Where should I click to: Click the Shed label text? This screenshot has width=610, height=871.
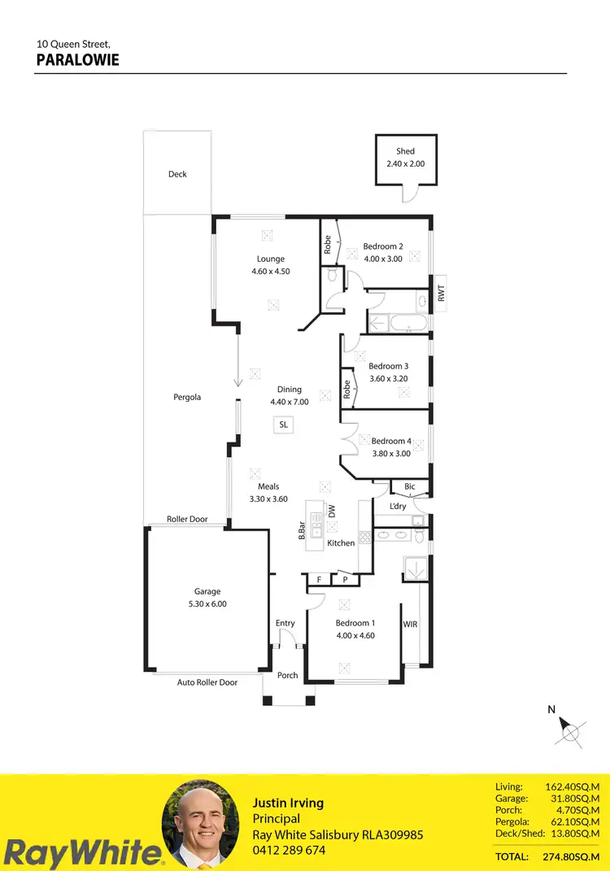405,151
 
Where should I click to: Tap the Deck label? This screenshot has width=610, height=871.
177,174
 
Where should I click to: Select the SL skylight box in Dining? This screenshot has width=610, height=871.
283,425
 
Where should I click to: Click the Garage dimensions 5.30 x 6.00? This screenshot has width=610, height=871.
207,604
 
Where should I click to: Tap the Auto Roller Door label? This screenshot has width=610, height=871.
207,682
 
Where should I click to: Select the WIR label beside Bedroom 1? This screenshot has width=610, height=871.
411,625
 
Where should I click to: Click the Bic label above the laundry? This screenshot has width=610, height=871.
410,487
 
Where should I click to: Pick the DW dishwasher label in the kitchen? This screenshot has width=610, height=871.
332,512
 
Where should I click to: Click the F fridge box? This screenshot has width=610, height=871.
319,580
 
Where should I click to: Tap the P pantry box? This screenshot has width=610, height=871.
345,580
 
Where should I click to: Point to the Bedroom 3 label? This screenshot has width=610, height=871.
388,366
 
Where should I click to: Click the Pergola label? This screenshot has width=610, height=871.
187,398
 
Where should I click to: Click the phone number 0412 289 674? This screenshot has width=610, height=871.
289,851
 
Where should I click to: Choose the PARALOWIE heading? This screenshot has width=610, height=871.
78,60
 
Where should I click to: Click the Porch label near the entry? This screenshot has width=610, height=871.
288,675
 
